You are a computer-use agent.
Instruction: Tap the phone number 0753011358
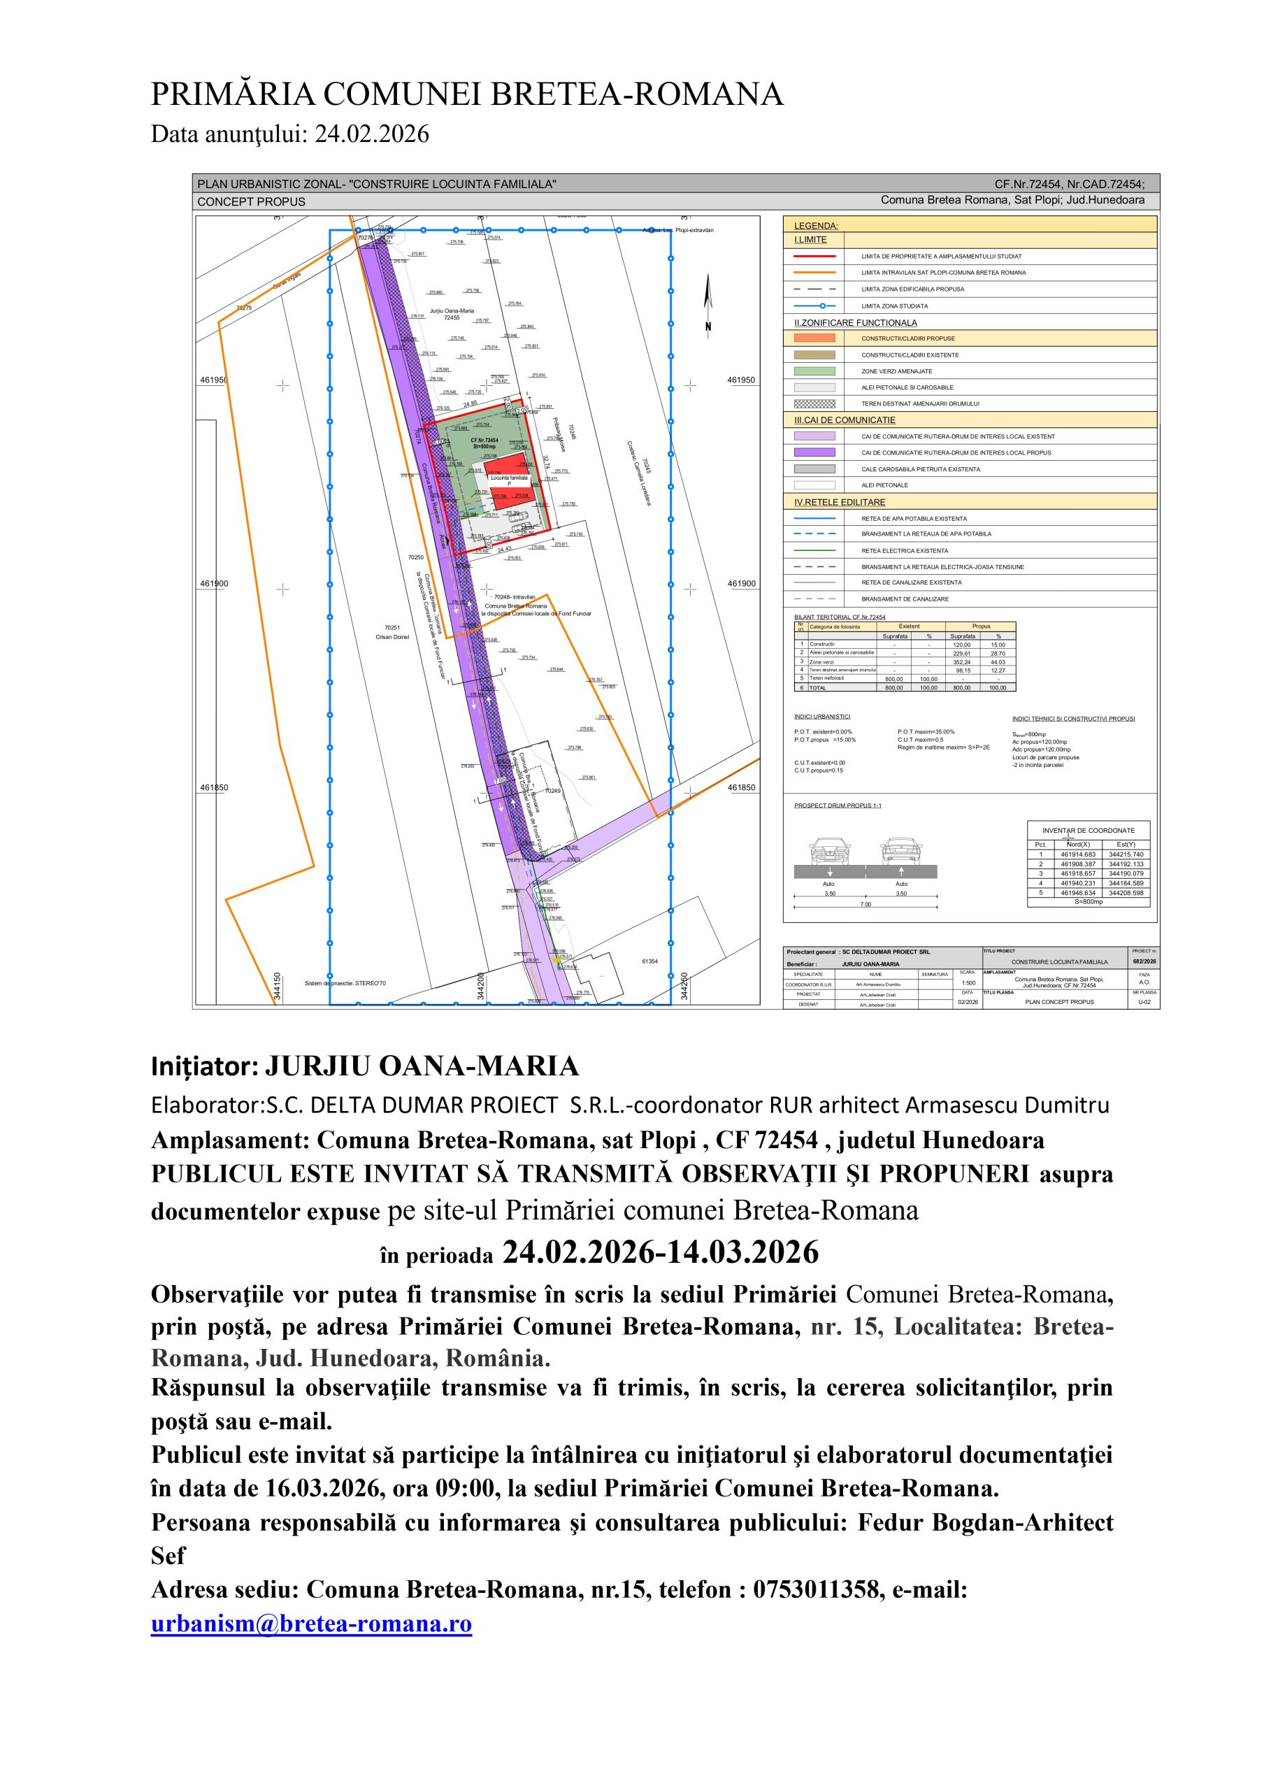click(x=818, y=1589)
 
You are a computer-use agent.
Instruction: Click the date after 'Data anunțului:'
click(x=372, y=134)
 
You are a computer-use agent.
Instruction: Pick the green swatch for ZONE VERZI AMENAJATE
click(x=814, y=371)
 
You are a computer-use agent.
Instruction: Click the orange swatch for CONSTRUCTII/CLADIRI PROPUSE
click(x=814, y=338)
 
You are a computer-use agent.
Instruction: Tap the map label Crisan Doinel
click(x=392, y=637)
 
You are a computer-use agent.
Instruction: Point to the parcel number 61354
click(x=650, y=961)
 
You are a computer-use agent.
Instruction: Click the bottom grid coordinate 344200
click(x=481, y=985)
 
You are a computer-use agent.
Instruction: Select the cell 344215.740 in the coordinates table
click(x=1126, y=854)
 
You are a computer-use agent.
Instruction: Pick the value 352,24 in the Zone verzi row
click(x=962, y=662)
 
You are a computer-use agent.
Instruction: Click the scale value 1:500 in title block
click(x=967, y=983)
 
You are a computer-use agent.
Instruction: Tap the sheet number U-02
click(x=1144, y=1002)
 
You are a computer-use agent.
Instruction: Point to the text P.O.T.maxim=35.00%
click(x=926, y=732)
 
